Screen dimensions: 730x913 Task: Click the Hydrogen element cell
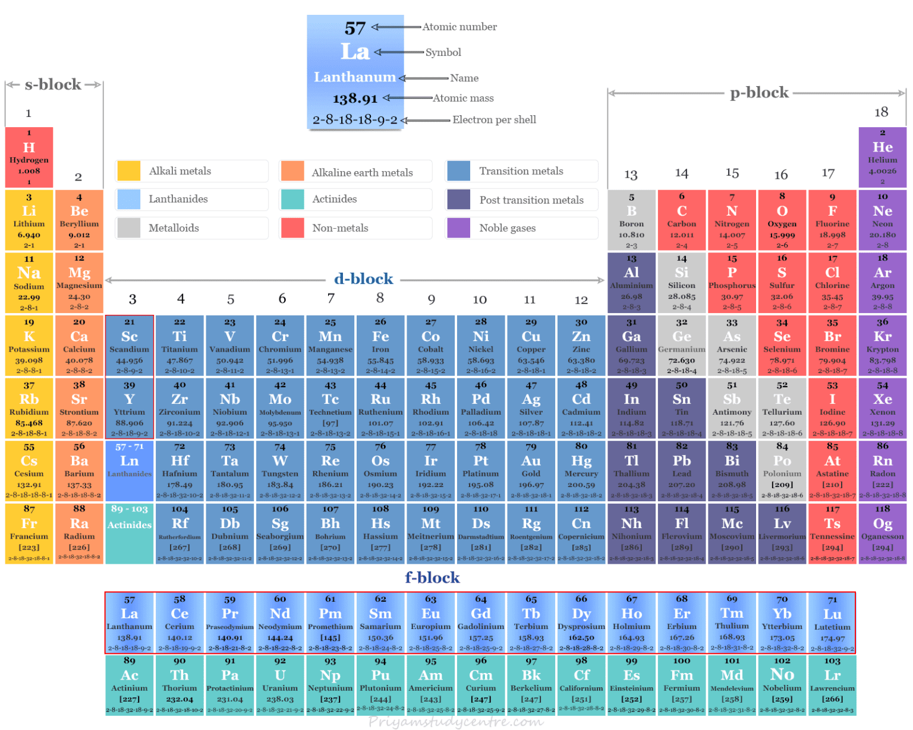pos(29,157)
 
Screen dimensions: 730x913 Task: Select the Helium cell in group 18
pos(882,157)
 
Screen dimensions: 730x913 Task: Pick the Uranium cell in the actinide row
pos(280,684)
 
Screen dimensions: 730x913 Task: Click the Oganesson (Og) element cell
pos(882,533)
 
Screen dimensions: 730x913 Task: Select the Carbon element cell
pos(681,220)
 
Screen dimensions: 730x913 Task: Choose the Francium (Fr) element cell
pos(29,533)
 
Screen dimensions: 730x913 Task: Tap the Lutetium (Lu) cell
pos(832,622)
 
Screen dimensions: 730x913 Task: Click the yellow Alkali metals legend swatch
pos(128,171)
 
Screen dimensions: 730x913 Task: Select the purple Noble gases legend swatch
pos(458,228)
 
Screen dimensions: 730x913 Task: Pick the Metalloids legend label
pos(174,228)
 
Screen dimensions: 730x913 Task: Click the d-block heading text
pos(363,279)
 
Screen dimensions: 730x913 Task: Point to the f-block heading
pos(432,577)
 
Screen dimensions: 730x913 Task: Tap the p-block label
pos(759,93)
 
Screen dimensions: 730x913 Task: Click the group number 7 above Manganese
pos(330,298)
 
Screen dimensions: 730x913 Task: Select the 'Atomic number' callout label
pos(459,27)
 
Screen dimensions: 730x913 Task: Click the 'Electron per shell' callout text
pos(494,120)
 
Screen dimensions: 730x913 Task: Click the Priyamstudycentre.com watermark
pos(455,722)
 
